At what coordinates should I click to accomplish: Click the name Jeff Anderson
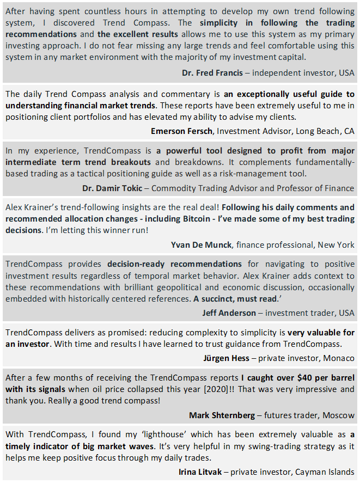click(x=229, y=313)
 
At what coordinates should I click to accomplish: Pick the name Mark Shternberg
click(x=222, y=415)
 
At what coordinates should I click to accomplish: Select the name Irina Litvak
click(x=200, y=472)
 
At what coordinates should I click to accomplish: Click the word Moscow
click(x=338, y=415)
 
